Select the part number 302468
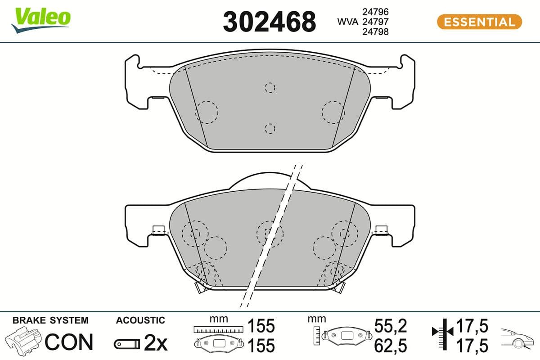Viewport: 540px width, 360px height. (x=269, y=22)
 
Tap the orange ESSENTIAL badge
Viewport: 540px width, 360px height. (x=479, y=22)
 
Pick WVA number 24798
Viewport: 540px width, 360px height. (x=376, y=31)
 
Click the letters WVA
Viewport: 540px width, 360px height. (x=348, y=22)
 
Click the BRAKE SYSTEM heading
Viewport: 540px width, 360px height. (x=50, y=320)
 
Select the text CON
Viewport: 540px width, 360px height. (x=69, y=342)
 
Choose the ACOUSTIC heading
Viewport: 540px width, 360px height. (x=140, y=320)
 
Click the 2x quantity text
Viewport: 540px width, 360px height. (x=155, y=344)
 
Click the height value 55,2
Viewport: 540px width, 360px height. (x=391, y=325)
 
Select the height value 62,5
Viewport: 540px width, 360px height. (x=391, y=346)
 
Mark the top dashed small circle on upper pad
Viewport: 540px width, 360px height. (x=270, y=87)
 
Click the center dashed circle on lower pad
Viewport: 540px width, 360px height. (x=270, y=233)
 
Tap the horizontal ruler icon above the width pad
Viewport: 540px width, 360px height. (x=218, y=329)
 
